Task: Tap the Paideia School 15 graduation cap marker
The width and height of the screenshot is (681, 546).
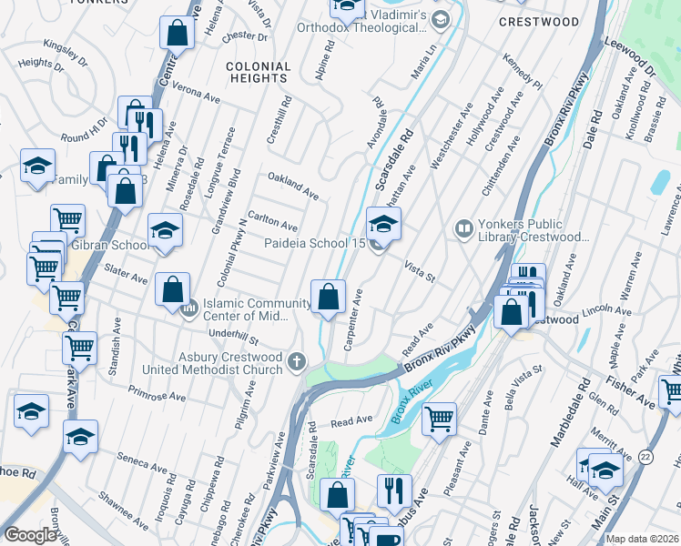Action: coord(383,224)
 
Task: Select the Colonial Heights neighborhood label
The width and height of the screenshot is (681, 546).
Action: coord(258,72)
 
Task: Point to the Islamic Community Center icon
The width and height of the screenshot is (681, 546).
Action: coord(189,309)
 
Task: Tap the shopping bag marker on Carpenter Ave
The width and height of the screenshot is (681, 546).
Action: coord(328,297)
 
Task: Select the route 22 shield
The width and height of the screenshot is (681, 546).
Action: coord(645,457)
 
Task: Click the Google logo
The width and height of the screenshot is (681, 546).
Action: coord(30,535)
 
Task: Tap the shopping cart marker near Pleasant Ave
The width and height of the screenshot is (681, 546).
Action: coord(439,420)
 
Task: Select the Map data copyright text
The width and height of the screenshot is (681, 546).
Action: coord(643,539)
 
